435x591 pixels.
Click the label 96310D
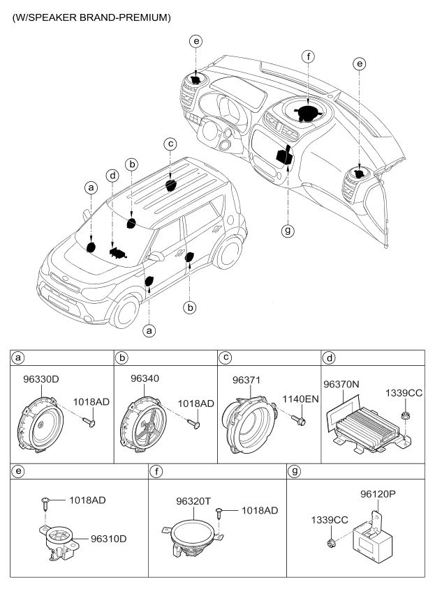(112, 539)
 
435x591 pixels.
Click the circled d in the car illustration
(112, 174)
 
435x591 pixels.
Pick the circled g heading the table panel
(295, 471)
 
